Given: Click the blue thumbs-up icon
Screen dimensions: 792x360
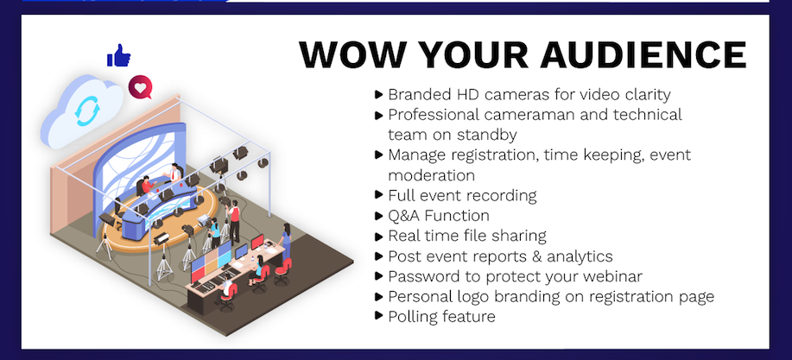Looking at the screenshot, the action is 118,55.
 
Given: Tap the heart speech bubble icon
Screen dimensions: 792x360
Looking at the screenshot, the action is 140,87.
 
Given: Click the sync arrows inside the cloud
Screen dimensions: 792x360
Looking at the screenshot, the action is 87,111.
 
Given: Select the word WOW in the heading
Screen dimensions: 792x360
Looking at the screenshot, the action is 354,54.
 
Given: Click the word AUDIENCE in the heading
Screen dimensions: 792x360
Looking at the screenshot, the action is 643,54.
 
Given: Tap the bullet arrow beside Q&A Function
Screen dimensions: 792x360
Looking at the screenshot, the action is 379,216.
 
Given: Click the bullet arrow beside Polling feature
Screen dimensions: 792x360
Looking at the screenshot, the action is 379,316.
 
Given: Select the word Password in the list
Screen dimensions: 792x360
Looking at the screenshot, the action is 424,276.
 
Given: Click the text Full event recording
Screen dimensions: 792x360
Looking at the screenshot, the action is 462,195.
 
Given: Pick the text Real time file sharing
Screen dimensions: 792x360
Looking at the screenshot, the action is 467,236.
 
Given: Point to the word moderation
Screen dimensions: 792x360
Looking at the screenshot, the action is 431,175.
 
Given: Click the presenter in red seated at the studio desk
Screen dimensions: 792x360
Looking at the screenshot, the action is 147,185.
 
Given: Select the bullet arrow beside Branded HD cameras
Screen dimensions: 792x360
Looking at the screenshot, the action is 379,94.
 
